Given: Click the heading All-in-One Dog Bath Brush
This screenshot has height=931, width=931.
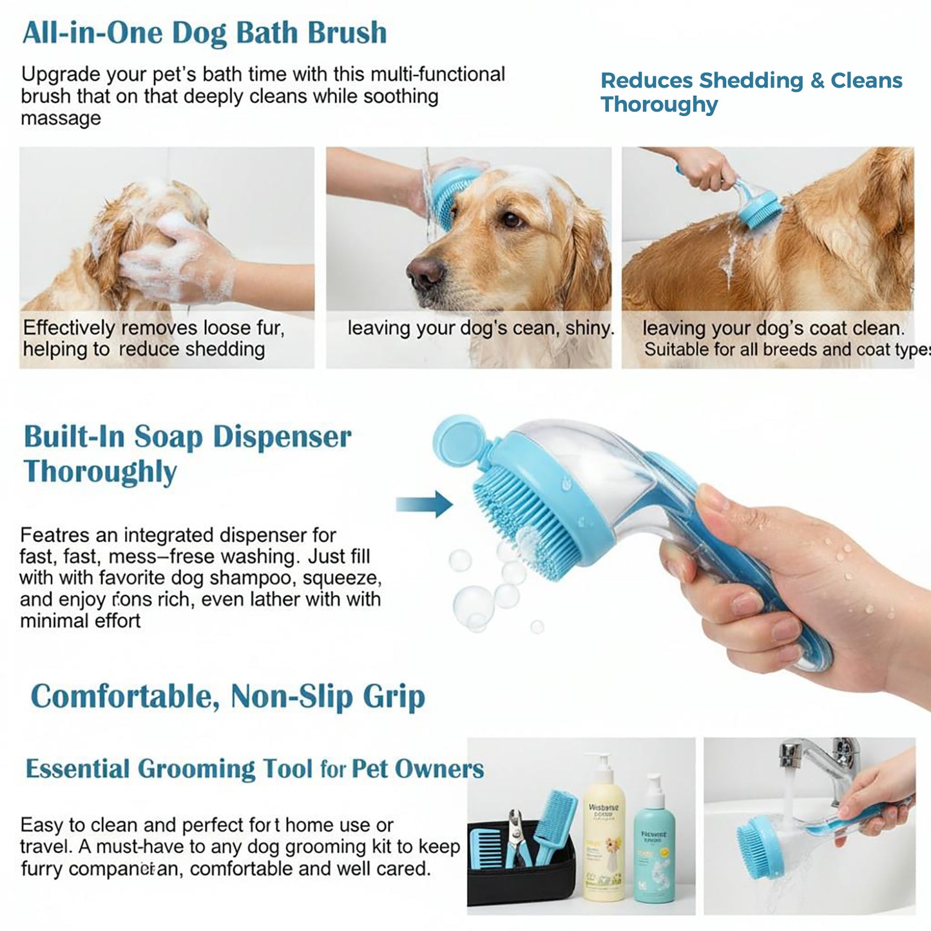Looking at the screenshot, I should click(x=204, y=34).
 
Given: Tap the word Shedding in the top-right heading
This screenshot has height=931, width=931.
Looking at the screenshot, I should click(x=751, y=81).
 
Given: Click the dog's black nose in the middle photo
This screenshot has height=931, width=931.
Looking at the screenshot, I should click(x=425, y=271).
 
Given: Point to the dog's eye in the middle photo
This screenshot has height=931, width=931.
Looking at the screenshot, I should click(x=512, y=220).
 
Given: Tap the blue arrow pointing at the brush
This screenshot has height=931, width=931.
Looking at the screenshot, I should click(x=425, y=504).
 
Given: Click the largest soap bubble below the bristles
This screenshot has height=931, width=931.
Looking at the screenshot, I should click(x=474, y=606).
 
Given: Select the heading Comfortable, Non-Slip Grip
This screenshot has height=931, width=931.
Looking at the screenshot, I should click(x=228, y=697).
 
